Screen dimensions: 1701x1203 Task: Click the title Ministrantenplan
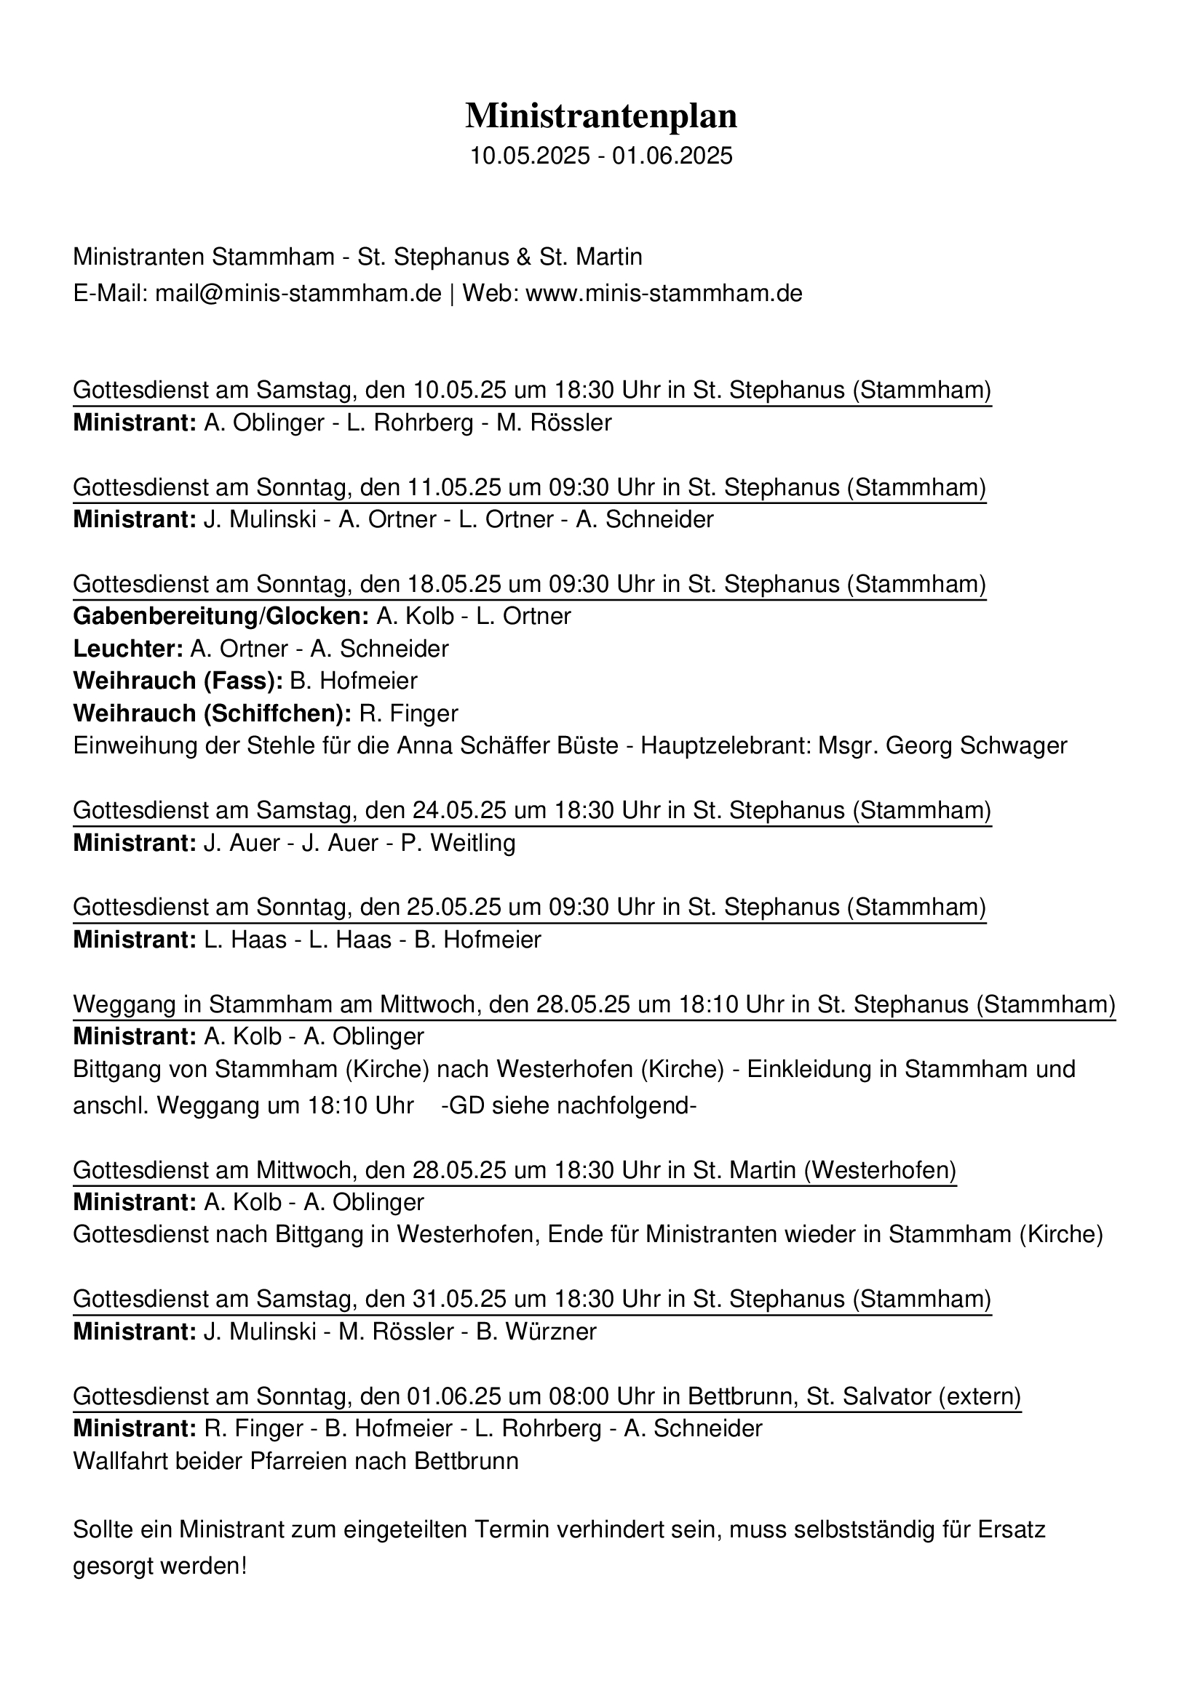point(601,116)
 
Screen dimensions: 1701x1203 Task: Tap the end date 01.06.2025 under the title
point(672,156)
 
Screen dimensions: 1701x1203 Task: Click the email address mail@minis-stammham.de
point(298,293)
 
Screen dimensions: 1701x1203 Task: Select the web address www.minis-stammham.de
point(664,293)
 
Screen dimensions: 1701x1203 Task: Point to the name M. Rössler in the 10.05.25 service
point(554,423)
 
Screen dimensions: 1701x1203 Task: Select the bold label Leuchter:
point(128,649)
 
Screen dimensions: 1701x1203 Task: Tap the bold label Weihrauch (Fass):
point(178,681)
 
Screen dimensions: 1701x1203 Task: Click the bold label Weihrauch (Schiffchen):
point(212,713)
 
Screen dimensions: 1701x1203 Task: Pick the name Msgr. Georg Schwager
point(942,745)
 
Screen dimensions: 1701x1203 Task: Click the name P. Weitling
point(458,843)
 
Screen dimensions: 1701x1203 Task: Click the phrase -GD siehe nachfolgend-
point(568,1106)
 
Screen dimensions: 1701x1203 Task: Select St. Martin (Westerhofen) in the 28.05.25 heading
point(825,1171)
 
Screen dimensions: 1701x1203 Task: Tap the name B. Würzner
point(536,1332)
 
